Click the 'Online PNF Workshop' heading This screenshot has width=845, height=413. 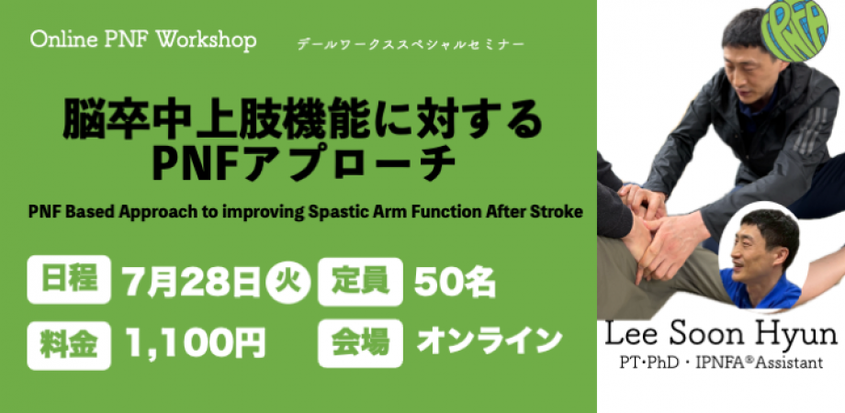143,40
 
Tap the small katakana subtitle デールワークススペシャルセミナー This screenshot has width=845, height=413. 411,45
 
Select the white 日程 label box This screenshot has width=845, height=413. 69,280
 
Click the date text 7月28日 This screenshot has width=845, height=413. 191,281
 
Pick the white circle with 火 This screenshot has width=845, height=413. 287,282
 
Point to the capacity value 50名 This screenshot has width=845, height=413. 455,281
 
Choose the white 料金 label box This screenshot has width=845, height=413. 69,346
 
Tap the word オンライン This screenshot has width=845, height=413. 490,341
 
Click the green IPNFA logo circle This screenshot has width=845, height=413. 794,29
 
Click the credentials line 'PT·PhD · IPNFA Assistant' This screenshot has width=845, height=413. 720,363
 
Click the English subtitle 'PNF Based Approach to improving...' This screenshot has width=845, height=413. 305,212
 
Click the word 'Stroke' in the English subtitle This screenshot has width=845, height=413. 557,211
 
